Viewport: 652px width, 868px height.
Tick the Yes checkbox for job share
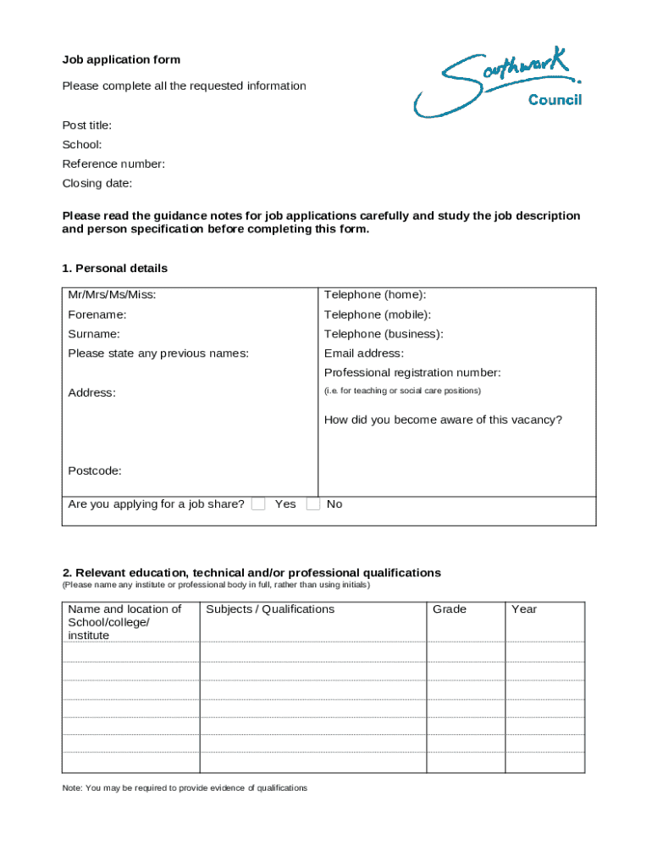pos(259,504)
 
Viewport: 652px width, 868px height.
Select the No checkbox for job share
pos(313,504)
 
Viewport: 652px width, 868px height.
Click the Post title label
pos(87,125)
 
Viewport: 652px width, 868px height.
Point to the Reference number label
pos(113,164)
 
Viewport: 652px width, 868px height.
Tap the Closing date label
pos(97,184)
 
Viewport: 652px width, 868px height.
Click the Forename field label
pos(97,314)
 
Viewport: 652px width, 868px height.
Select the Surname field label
pos(94,334)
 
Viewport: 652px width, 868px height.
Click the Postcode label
pos(95,470)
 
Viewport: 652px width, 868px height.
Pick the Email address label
pos(364,353)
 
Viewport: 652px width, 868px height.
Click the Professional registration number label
pos(412,373)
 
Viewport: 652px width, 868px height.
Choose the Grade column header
pos(450,609)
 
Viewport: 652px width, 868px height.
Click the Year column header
pos(524,609)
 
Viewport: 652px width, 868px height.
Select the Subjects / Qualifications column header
pos(270,609)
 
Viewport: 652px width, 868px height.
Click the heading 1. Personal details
pos(115,269)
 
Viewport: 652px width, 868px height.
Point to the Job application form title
pos(121,60)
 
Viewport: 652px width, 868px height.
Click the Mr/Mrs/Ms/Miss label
pos(112,295)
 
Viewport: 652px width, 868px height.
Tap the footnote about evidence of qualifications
pos(185,788)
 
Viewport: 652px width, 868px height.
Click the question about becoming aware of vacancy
pos(443,420)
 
